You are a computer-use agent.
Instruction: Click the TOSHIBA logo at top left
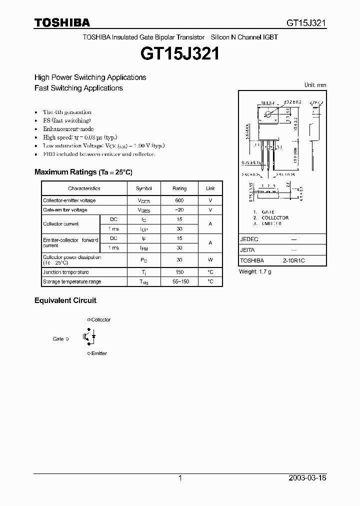pyautogui.click(x=62, y=22)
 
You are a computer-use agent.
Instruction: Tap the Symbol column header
pyautogui.click(x=144, y=188)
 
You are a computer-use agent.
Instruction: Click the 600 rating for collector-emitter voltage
pyautogui.click(x=179, y=200)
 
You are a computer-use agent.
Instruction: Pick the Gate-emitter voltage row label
pyautogui.click(x=65, y=210)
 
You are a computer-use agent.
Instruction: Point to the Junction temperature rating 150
pyautogui.click(x=179, y=272)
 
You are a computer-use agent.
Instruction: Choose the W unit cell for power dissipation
pyautogui.click(x=210, y=260)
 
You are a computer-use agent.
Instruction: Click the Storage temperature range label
pyautogui.click(x=72, y=281)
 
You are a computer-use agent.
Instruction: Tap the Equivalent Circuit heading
pyautogui.click(x=65, y=300)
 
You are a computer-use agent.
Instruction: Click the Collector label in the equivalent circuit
pyautogui.click(x=100, y=319)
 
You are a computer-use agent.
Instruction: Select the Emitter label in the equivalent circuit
pyautogui.click(x=99, y=353)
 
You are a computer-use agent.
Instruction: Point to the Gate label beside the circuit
pyautogui.click(x=58, y=338)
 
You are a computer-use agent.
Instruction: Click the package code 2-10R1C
pyautogui.click(x=293, y=261)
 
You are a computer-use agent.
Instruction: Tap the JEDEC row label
pyautogui.click(x=249, y=239)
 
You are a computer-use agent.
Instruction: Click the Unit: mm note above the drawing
pyautogui.click(x=315, y=85)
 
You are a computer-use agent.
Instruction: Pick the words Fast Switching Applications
pyautogui.click(x=78, y=88)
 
